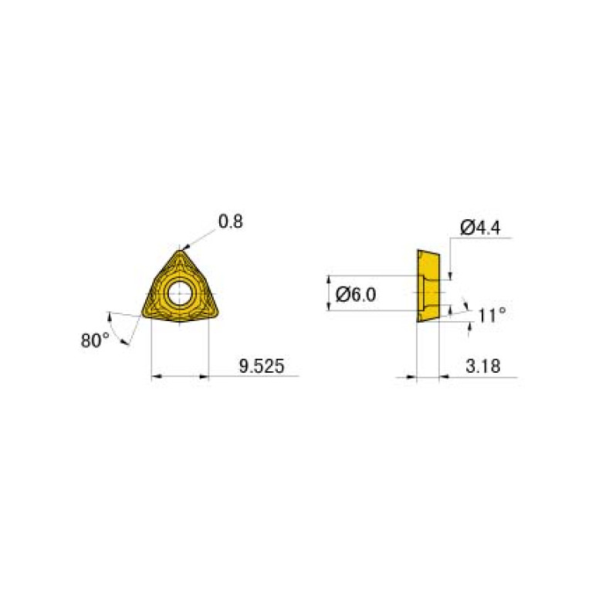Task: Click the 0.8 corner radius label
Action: tap(230, 222)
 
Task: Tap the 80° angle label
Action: tap(96, 340)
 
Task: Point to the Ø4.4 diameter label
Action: tap(480, 227)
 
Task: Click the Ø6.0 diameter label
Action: tap(357, 294)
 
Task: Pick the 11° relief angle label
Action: tap(492, 314)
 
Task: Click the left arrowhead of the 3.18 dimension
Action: tap(411, 377)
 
